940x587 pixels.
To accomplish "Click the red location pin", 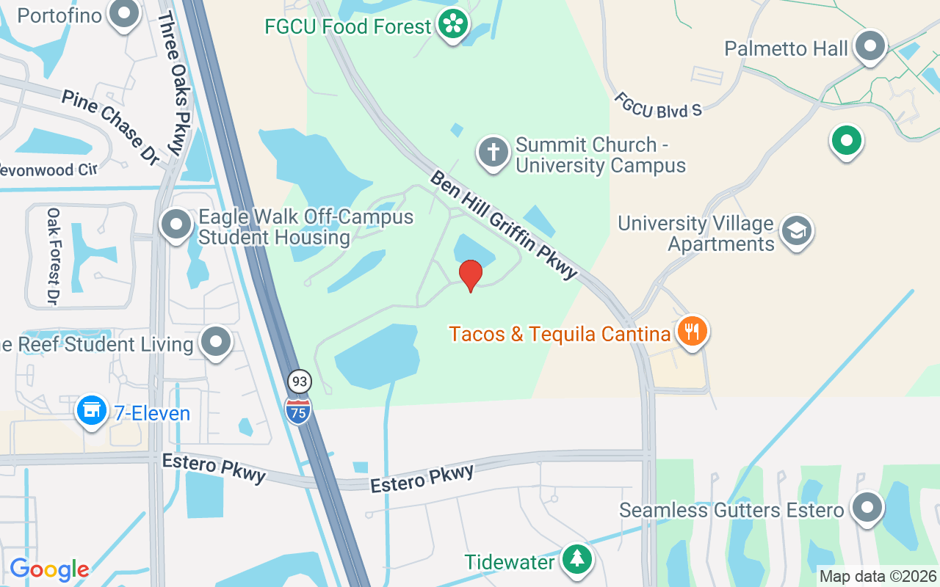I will (471, 275).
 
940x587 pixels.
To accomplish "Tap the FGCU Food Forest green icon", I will (454, 25).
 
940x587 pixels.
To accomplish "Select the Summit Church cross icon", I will (493, 153).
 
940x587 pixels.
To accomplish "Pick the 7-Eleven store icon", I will (92, 411).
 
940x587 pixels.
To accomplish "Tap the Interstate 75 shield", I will (297, 409).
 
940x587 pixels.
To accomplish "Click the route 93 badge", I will (299, 382).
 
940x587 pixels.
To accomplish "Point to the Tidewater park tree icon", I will (577, 560).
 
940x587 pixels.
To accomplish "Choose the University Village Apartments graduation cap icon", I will (797, 231).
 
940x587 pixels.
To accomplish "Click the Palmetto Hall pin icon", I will (871, 46).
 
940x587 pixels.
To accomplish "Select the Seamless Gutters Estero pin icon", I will (867, 507).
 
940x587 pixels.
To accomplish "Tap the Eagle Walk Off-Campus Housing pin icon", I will (176, 225).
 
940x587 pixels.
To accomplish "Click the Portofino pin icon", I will (124, 14).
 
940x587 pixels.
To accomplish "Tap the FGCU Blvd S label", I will (658, 104).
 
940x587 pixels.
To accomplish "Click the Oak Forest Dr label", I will (53, 256).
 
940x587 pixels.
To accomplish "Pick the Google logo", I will (49, 569).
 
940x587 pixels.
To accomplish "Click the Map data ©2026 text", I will (878, 577).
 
